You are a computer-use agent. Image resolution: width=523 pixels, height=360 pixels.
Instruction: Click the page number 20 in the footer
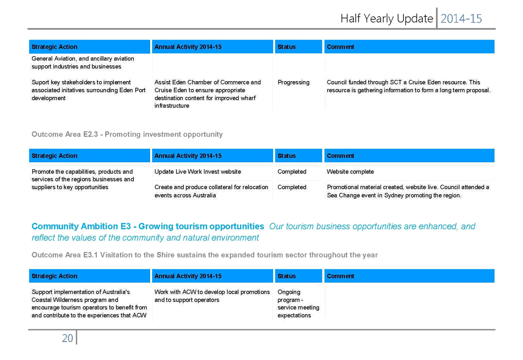pos(67,338)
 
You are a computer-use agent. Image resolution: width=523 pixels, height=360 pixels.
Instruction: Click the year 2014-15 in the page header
pos(461,19)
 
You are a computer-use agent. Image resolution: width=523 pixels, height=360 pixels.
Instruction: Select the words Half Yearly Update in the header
pos(387,18)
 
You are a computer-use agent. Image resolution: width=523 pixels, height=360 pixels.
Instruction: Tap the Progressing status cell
pos(294,82)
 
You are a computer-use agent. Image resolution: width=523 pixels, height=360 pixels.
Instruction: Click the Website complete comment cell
pos(350,172)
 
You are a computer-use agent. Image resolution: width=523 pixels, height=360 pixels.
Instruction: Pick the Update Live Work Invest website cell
pos(198,172)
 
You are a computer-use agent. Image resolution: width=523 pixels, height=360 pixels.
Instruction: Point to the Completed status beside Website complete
pos(292,172)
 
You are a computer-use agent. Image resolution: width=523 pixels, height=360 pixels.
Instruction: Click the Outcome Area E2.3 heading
pos(127,134)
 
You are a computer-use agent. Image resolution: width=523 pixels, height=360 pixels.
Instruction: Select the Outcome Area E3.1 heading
pos(204,255)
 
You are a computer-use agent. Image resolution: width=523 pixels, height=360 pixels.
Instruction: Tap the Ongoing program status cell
pos(298,304)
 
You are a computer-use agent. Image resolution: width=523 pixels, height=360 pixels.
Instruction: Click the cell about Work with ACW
pos(212,295)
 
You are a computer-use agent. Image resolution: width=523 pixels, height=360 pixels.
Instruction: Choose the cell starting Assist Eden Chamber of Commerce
pos(207,94)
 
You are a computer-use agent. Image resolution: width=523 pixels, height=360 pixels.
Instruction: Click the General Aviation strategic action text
pos(83,62)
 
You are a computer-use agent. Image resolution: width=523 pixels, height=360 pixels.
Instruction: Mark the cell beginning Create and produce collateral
pos(211,191)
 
